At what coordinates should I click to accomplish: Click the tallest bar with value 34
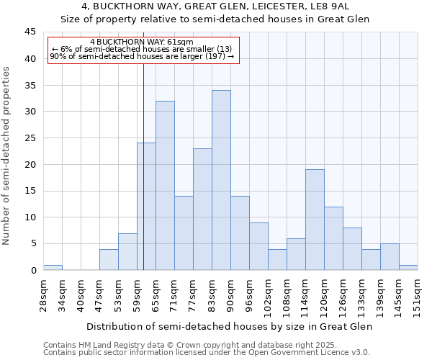point(221,180)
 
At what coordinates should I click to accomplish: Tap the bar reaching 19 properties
point(315,220)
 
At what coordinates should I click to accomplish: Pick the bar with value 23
point(202,209)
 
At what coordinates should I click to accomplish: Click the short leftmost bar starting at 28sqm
point(53,268)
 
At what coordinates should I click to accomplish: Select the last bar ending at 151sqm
point(408,268)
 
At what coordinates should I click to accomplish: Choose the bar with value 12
point(333,238)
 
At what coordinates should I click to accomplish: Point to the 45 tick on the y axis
point(30,32)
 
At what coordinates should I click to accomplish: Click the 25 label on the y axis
point(30,138)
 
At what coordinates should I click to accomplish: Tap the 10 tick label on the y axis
point(30,217)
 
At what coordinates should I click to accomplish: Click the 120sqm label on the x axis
point(324,293)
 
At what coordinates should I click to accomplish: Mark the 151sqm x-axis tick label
point(418,293)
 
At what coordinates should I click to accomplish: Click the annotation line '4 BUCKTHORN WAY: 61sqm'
point(142,42)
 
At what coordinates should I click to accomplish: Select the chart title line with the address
point(215,6)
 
